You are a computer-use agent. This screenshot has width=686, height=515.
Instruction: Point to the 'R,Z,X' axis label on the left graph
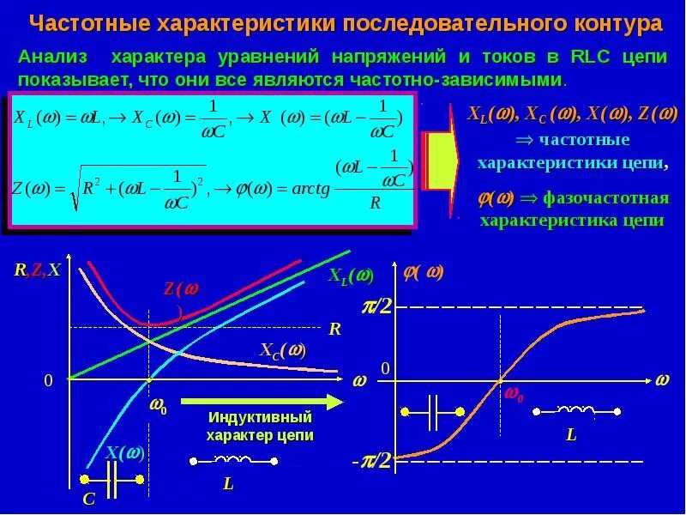37,270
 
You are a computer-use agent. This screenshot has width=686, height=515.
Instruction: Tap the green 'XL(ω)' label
351,276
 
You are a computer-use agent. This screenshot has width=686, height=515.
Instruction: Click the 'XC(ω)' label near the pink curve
282,350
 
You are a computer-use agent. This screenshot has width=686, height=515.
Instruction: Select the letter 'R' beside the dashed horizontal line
334,328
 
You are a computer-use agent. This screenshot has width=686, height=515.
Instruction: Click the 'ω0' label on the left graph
159,405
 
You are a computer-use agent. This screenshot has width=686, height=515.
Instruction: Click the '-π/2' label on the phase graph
372,462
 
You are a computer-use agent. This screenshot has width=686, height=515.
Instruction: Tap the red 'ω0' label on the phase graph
514,395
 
